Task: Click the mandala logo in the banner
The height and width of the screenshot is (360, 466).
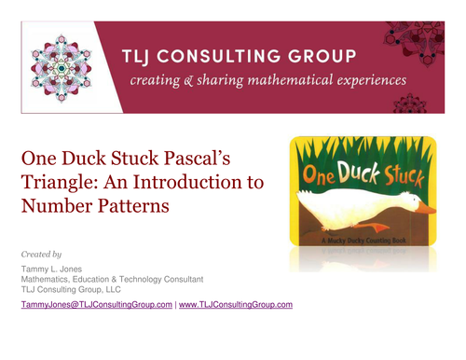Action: tap(62, 66)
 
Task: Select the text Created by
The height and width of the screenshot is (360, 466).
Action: tap(41, 254)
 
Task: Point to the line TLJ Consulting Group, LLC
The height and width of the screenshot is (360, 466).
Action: tap(72, 289)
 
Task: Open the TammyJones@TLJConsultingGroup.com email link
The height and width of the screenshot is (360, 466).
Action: tap(96, 305)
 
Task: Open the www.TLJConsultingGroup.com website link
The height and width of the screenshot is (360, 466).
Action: tap(236, 305)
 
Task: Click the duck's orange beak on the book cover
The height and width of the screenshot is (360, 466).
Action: tap(424, 209)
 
